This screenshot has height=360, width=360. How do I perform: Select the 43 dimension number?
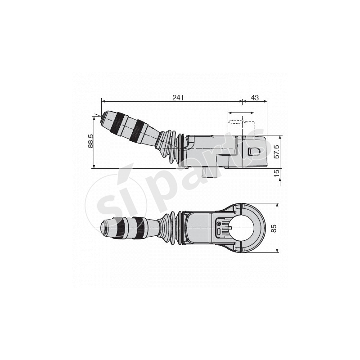pyautogui.click(x=255, y=98)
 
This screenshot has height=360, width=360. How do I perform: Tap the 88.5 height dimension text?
pyautogui.click(x=90, y=141)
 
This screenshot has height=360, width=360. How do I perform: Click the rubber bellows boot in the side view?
pyautogui.click(x=170, y=146)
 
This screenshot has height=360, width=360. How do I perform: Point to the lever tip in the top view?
pyautogui.click(x=103, y=228)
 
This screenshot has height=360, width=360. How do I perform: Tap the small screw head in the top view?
pyautogui.click(x=219, y=223)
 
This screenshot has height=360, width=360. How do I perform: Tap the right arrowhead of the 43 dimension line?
pyautogui.click(x=265, y=101)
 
